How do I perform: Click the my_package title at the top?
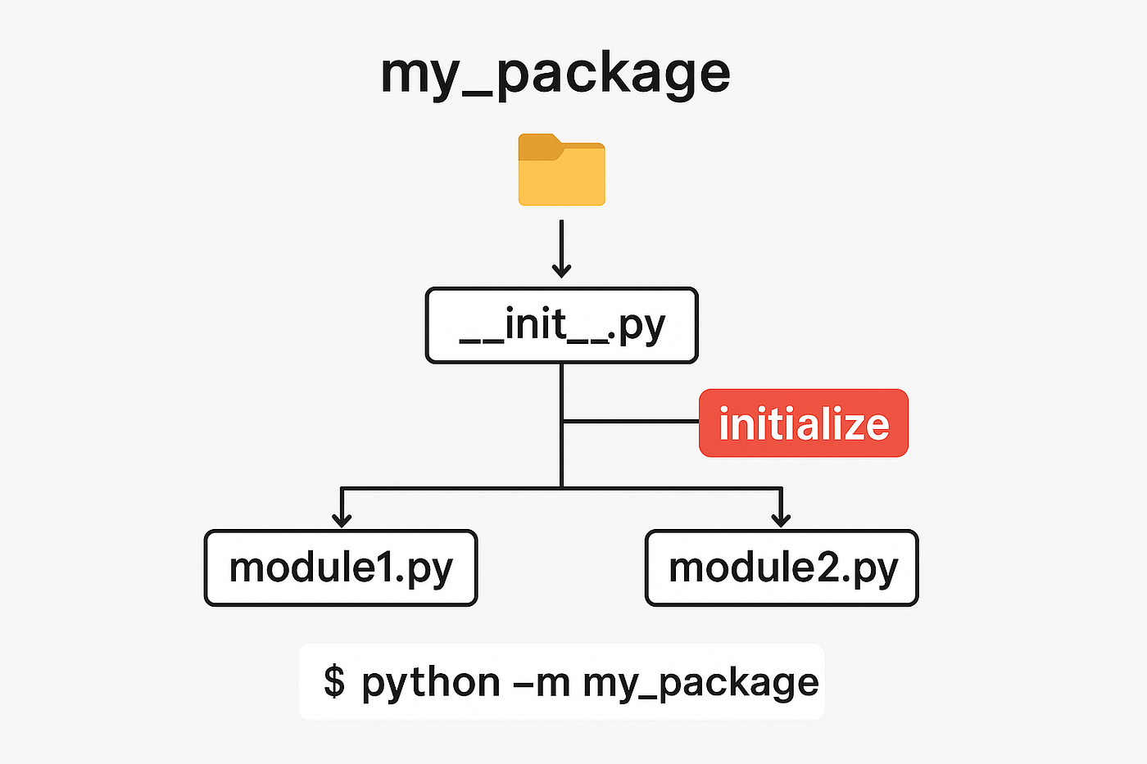point(555,75)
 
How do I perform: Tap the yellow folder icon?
point(562,170)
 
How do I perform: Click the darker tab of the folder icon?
point(540,147)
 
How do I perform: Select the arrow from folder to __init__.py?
point(562,249)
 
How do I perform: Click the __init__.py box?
point(562,325)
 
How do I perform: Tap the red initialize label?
point(804,423)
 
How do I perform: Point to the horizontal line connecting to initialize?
point(631,422)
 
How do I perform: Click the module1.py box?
point(341,568)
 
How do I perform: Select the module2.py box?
point(782,568)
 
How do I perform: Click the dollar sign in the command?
point(334,681)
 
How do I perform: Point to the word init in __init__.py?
point(537,323)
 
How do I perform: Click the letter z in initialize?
point(850,427)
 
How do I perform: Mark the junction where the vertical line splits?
point(562,488)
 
